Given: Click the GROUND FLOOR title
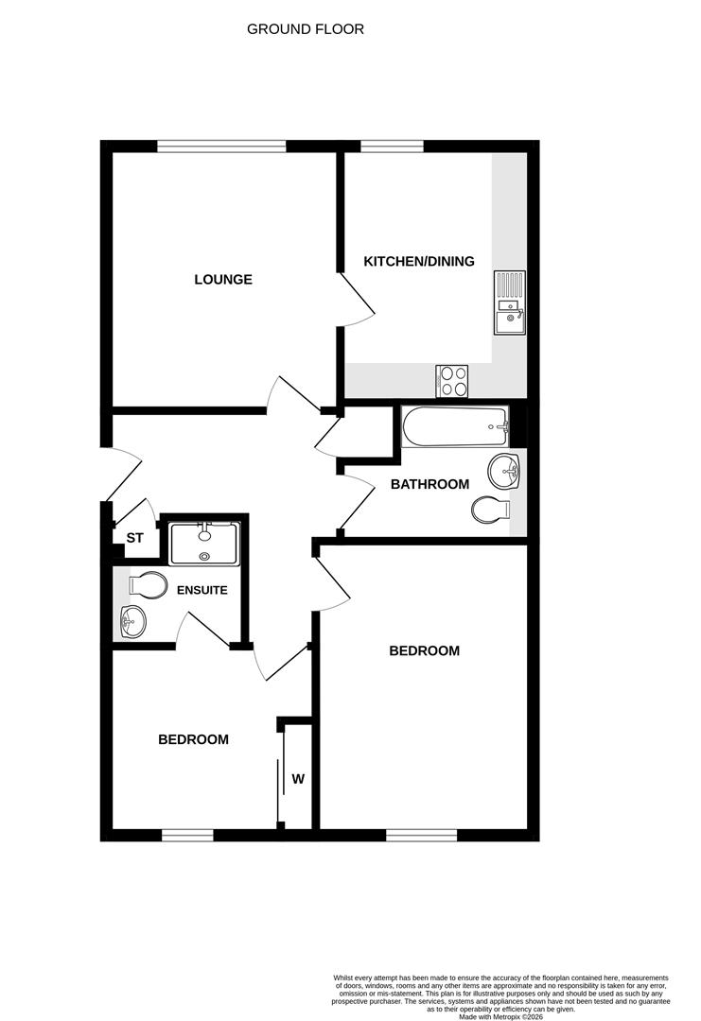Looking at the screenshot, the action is [305, 29].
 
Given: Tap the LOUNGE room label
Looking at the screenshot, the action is [223, 279].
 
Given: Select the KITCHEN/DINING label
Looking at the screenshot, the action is [419, 261].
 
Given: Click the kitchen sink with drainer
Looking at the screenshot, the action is [510, 303].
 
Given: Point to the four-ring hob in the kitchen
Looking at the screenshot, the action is [453, 381].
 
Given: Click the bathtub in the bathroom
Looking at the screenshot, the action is [455, 427].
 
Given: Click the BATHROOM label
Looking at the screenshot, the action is [430, 484].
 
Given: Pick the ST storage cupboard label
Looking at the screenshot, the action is [135, 538].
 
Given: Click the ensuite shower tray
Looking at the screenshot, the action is [204, 543].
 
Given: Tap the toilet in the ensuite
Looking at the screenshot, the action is [148, 584].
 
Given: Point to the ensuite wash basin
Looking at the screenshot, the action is [132, 621].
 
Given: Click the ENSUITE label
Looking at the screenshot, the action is [202, 591].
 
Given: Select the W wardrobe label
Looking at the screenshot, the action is [298, 779].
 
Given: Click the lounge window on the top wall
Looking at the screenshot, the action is [221, 147].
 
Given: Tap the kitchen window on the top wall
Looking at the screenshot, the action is [393, 147].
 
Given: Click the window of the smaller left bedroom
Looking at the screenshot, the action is [187, 835].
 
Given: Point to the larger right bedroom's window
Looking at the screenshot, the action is [422, 835].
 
